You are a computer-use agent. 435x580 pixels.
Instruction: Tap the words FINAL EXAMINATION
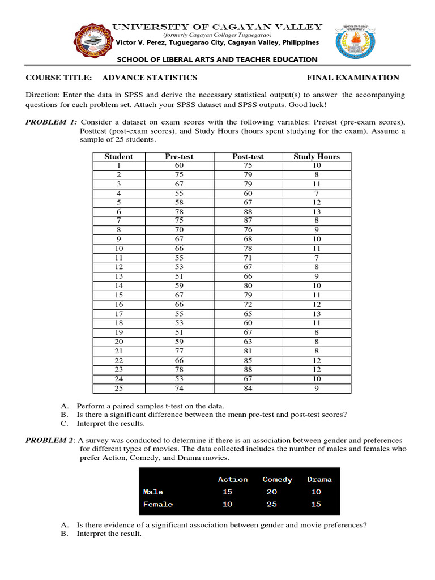[x=353, y=78]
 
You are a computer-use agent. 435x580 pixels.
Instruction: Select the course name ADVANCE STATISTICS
[x=150, y=78]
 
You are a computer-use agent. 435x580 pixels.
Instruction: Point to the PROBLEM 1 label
[x=51, y=122]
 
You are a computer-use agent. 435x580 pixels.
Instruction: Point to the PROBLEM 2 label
[x=51, y=440]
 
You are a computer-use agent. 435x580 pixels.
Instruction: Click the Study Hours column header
[x=317, y=157]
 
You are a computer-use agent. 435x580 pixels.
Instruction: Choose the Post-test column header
[x=248, y=157]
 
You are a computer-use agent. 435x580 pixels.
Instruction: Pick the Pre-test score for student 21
[x=180, y=352]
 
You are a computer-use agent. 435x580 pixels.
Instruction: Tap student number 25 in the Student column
[x=119, y=389]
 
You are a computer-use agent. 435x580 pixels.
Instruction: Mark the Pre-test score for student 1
[x=180, y=165]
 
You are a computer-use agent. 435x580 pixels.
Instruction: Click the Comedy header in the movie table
[x=277, y=480]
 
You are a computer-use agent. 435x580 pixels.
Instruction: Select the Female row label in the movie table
[x=158, y=504]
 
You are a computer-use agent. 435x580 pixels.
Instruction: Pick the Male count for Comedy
[x=272, y=492]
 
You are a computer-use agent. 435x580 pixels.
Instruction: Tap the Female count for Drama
[x=316, y=504]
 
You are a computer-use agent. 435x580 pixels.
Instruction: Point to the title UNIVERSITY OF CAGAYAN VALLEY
[x=217, y=27]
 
